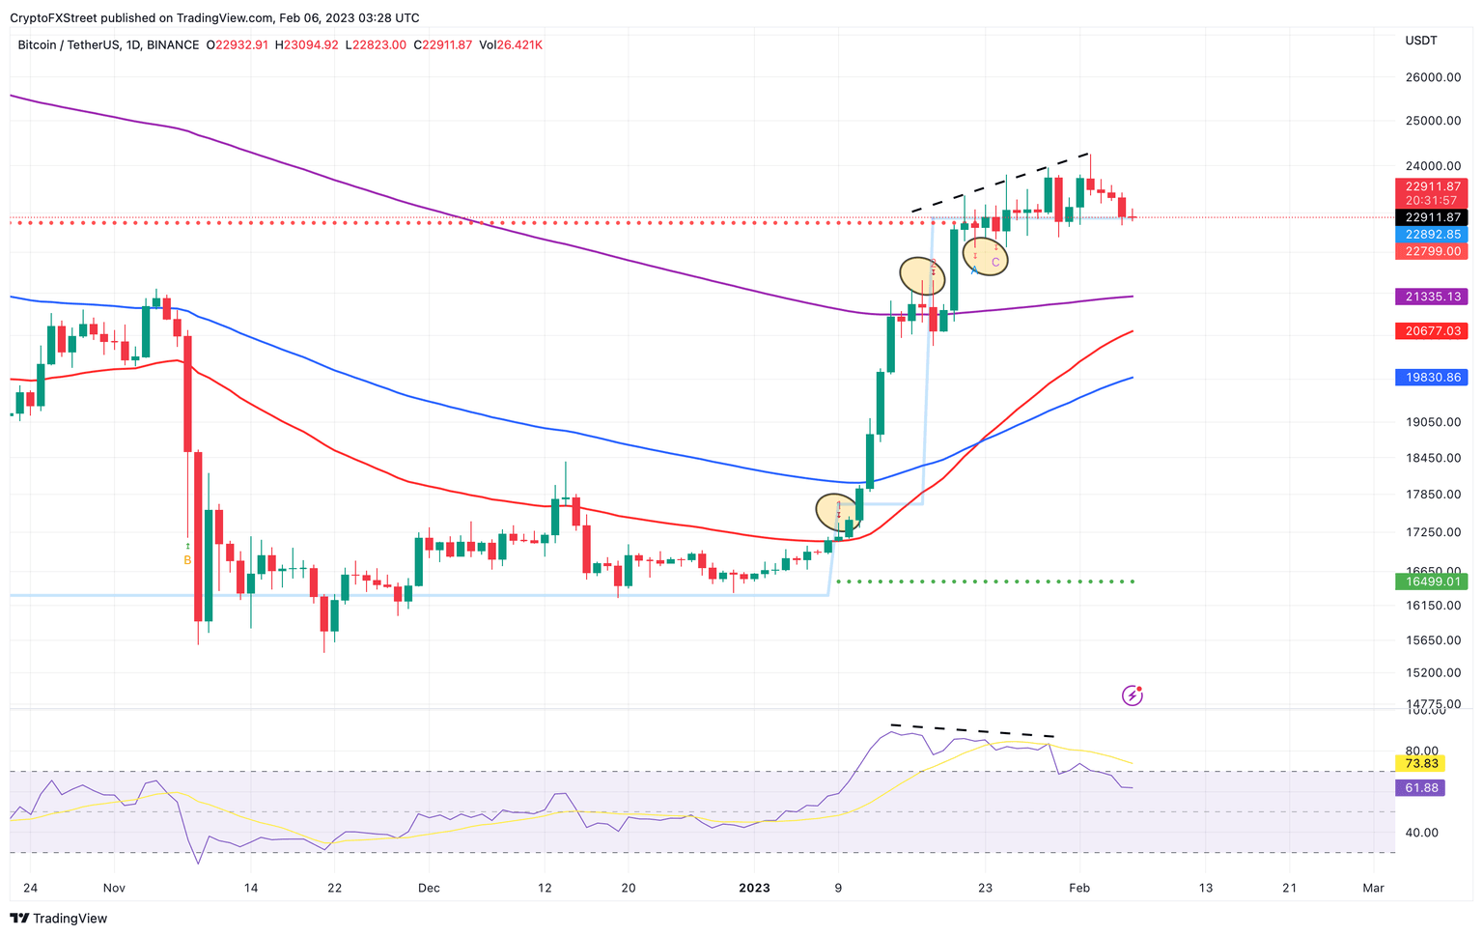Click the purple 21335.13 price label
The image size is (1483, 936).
click(x=1431, y=297)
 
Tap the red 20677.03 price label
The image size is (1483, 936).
click(x=1431, y=331)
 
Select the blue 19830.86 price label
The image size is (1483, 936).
click(x=1431, y=377)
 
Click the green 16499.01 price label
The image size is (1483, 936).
click(x=1431, y=581)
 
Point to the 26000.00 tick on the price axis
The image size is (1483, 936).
click(x=1432, y=77)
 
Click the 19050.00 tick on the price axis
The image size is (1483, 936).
click(x=1432, y=422)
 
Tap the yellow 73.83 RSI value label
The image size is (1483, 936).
click(x=1420, y=763)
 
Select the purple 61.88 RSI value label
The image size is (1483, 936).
click(x=1420, y=788)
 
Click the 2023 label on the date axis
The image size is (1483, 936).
click(x=753, y=888)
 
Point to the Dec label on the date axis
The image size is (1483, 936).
click(x=429, y=888)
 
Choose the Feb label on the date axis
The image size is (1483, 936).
click(x=1079, y=888)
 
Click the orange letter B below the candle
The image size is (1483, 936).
click(x=187, y=560)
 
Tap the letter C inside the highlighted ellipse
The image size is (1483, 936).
click(x=995, y=262)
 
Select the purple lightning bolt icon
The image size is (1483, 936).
click(x=1132, y=695)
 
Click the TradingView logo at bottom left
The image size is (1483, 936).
click(x=60, y=918)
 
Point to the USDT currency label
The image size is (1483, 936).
click(x=1420, y=41)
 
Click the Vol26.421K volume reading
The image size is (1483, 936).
click(x=511, y=44)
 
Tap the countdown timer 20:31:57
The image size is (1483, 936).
click(x=1431, y=201)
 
